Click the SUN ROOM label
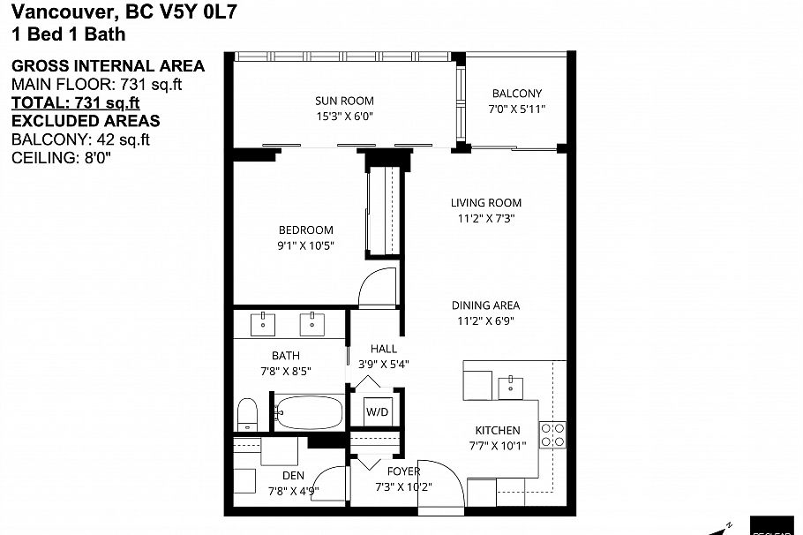[344, 101]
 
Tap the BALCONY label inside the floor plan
[517, 94]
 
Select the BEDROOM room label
[305, 230]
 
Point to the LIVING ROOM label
[486, 203]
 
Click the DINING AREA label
[485, 305]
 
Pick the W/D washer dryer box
[378, 411]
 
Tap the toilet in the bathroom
[247, 414]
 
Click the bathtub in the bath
[309, 412]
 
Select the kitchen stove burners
[553, 434]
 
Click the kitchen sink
[511, 388]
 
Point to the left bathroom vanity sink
[263, 324]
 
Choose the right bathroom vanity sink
[311, 324]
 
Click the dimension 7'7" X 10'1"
[498, 446]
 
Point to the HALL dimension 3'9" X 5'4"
[383, 365]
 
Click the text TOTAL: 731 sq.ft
[76, 102]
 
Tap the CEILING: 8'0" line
[62, 158]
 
